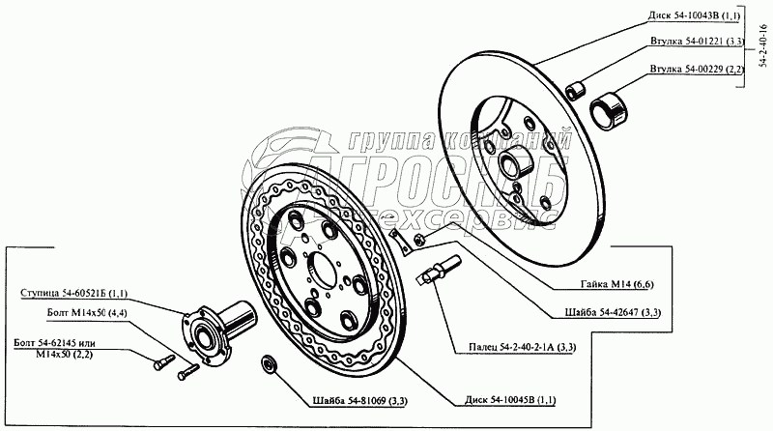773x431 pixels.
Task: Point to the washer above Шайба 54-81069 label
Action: pos(270,363)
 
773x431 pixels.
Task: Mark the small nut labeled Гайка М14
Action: pos(418,239)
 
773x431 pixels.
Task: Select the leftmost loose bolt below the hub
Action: pos(159,363)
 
